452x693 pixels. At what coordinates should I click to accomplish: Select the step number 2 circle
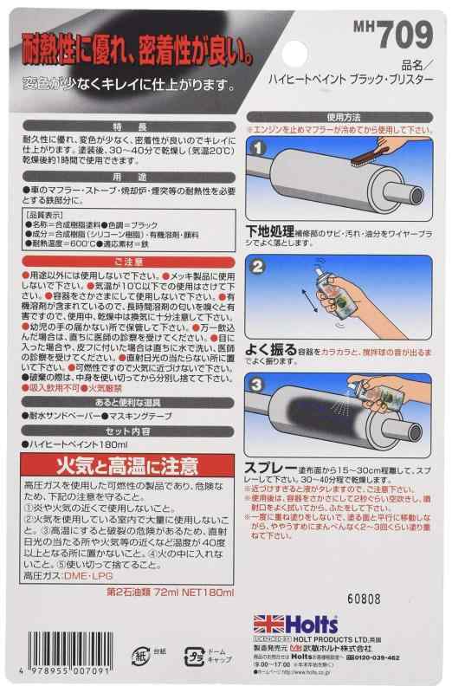tap(259, 269)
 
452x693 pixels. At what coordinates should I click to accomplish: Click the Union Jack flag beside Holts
tap(267, 625)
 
